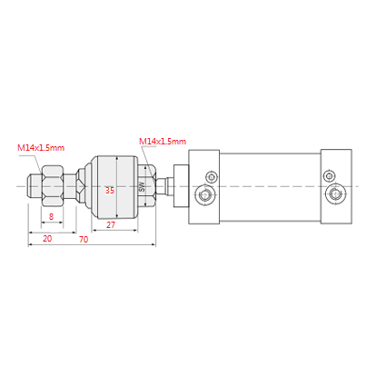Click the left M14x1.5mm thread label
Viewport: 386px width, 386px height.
41,148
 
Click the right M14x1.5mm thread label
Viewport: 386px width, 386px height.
163,141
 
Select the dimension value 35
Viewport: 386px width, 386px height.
110,190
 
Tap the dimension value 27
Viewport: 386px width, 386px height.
111,225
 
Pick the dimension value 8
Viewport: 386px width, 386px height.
51,216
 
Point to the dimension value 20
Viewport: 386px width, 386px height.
47,239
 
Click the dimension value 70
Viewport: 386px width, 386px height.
84,240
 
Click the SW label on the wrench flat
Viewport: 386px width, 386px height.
142,186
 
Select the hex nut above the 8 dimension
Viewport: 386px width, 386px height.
52,185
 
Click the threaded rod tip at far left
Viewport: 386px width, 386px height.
29,186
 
